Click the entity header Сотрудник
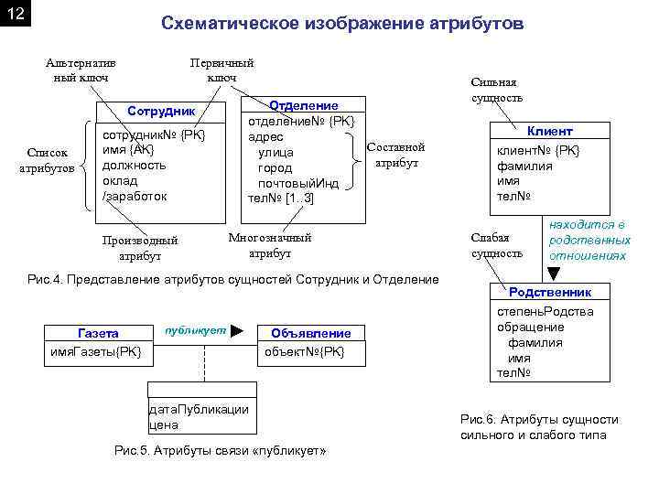(162, 111)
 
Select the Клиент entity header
(550, 131)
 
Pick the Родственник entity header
(550, 292)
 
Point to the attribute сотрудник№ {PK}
(153, 134)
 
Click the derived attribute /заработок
(135, 197)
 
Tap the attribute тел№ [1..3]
(281, 199)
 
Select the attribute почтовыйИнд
(298, 183)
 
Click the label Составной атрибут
(396, 155)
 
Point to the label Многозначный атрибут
(269, 245)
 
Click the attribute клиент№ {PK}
(538, 150)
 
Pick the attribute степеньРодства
(545, 312)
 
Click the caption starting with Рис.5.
(220, 451)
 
